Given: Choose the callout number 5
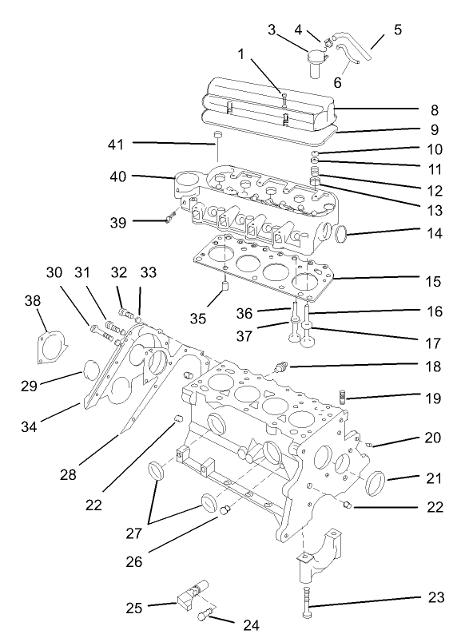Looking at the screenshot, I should [397, 30].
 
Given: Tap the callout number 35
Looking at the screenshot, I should [197, 318].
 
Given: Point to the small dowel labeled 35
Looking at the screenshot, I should [226, 285].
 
